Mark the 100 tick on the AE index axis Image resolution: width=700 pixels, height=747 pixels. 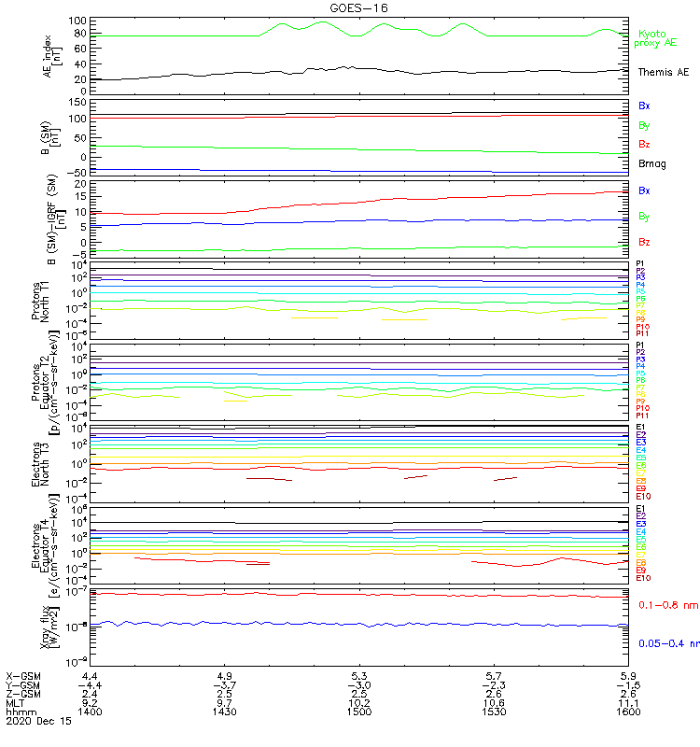[x=78, y=21]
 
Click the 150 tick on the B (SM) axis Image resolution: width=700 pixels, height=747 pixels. [x=78, y=101]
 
